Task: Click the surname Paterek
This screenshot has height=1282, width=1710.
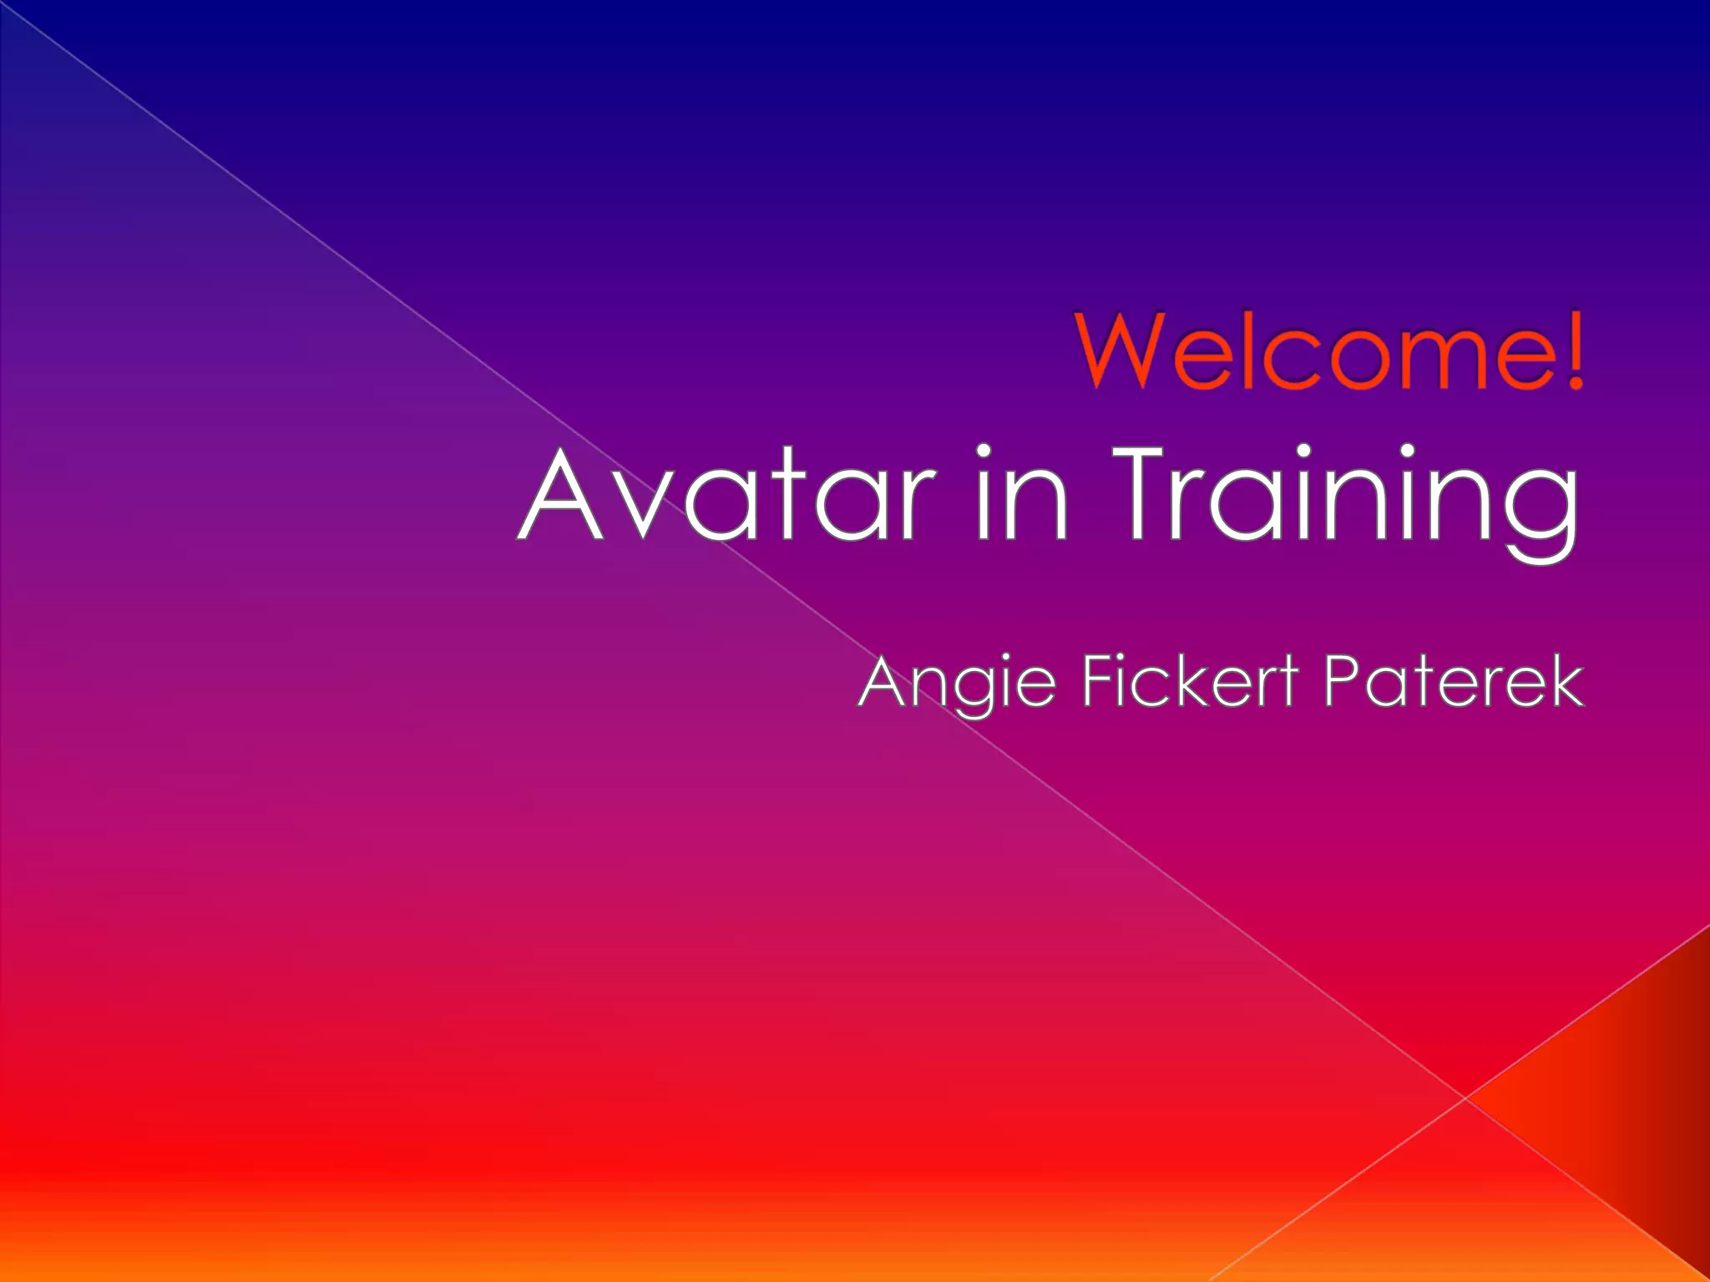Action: [1454, 683]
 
